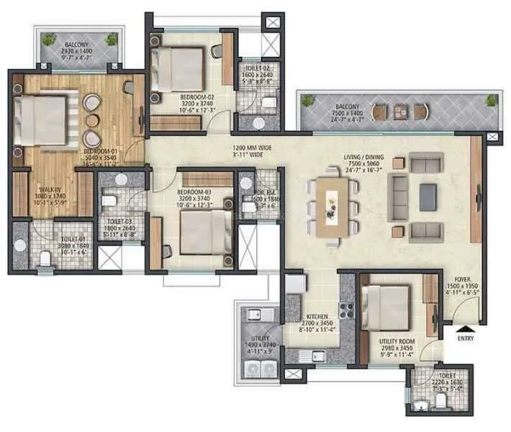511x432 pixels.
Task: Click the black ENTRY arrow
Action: (462, 330)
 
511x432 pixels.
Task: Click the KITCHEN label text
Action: (317, 317)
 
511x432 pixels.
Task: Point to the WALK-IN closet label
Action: (49, 190)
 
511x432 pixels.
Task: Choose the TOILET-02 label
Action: (257, 68)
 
